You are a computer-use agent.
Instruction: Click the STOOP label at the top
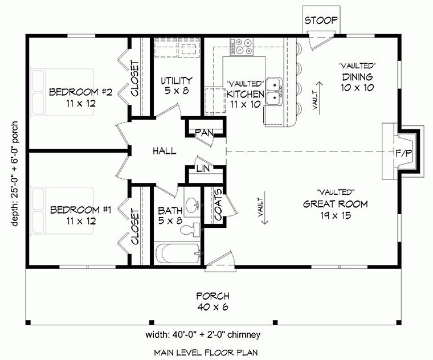click(x=321, y=21)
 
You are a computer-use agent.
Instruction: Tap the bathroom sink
click(x=193, y=204)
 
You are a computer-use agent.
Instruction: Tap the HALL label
click(x=164, y=151)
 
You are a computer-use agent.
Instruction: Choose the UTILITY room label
click(x=176, y=80)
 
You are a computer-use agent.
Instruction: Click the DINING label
click(x=357, y=77)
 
